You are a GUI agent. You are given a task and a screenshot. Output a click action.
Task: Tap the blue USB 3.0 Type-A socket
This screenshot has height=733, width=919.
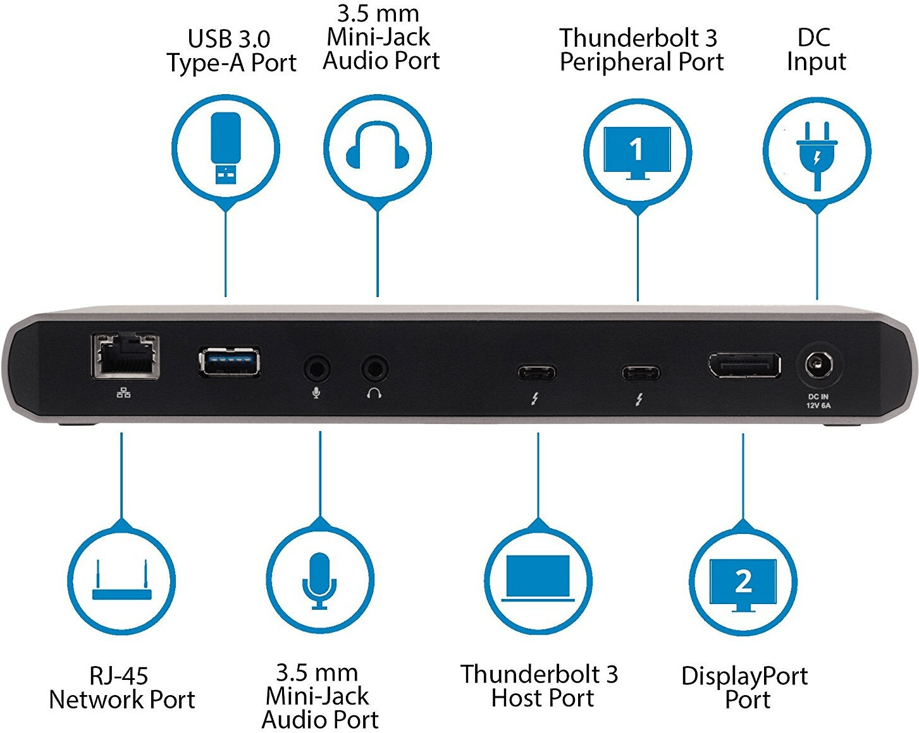click(x=229, y=361)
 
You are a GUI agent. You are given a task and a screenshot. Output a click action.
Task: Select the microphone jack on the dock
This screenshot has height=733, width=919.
click(x=317, y=368)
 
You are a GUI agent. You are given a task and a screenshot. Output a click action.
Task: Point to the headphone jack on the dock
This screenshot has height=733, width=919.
click(x=374, y=368)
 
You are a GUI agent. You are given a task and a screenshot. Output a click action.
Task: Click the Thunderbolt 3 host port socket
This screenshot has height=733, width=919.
click(x=537, y=372)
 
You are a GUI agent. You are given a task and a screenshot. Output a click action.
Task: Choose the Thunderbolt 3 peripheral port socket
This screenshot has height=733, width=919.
click(x=641, y=372)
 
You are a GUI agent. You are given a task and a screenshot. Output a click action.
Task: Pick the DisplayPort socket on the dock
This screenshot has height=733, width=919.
click(x=744, y=365)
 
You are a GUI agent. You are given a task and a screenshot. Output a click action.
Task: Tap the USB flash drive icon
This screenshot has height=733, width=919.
click(x=226, y=148)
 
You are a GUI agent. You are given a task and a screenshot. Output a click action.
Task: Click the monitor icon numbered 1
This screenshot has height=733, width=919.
click(x=637, y=152)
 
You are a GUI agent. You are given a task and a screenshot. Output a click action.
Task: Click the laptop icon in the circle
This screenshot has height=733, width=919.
click(x=538, y=578)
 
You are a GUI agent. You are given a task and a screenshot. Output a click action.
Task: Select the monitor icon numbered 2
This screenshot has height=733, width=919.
click(x=743, y=585)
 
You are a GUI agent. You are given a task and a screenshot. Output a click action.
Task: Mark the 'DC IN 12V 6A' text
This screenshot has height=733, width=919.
click(x=818, y=401)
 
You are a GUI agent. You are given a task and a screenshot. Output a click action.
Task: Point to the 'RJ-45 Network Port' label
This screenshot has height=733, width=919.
click(x=121, y=688)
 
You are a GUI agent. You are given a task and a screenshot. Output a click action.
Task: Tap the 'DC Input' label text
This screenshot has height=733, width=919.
click(x=816, y=49)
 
